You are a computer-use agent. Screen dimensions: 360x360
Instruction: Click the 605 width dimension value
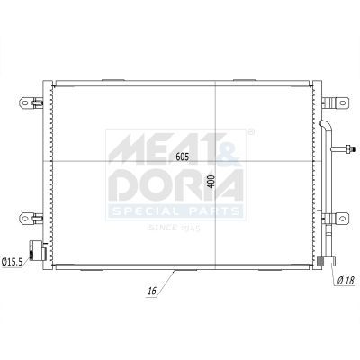[x=183, y=157]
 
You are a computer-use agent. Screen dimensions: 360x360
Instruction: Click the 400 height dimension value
[x=211, y=181]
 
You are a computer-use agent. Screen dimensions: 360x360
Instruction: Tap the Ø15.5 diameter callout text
[x=12, y=262]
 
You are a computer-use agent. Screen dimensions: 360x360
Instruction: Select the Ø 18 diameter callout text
[x=346, y=281]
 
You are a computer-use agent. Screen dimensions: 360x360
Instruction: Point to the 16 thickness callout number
[x=152, y=291]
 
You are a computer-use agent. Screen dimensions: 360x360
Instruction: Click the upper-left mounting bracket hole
[x=25, y=103]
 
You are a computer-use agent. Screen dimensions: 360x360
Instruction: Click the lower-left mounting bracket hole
[x=25, y=218]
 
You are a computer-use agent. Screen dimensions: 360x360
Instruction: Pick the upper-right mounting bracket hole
[x=342, y=103]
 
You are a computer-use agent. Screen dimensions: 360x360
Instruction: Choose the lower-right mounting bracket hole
[x=342, y=218]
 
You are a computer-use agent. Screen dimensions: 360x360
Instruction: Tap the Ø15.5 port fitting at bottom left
[x=37, y=251]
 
